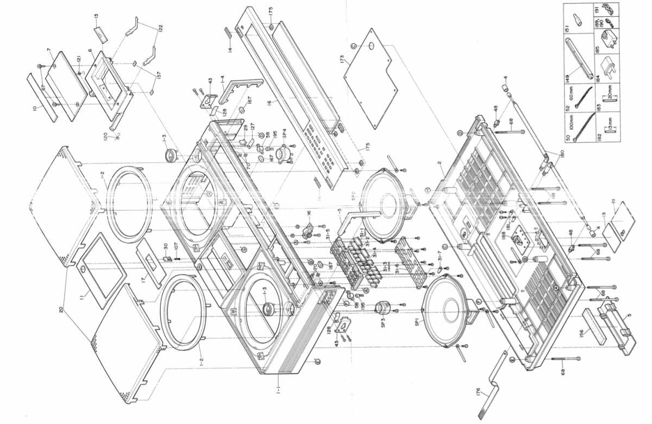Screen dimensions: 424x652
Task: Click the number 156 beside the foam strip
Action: [581, 332]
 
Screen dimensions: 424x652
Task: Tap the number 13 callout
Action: [96, 16]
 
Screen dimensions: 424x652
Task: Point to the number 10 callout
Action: [35, 108]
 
